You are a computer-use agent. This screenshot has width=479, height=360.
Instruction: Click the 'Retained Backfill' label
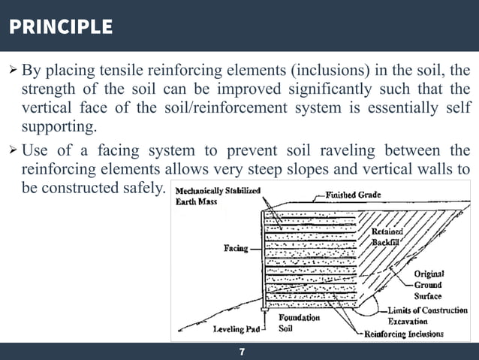(x=387, y=237)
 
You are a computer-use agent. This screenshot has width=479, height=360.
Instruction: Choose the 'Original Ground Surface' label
(x=429, y=285)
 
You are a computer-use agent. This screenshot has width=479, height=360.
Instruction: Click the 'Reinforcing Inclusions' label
(x=404, y=334)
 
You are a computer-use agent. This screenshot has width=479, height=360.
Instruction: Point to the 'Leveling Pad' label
(x=236, y=329)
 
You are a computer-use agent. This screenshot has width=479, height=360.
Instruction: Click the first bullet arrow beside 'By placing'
(x=11, y=71)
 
